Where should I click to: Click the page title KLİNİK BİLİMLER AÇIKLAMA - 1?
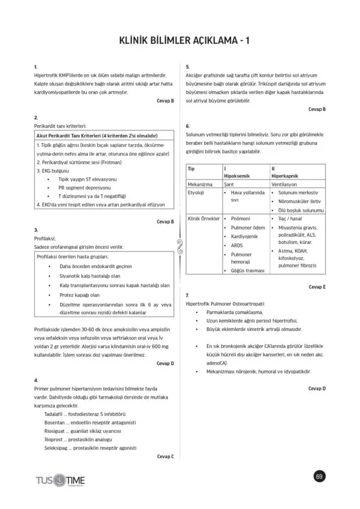tap(180, 40)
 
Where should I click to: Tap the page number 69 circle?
tap(319, 476)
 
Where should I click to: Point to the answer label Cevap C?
tap(165, 457)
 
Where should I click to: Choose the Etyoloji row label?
tap(197, 193)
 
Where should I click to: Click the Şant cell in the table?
tap(228, 185)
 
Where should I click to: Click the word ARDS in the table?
tap(238, 245)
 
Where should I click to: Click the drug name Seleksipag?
tap(58, 448)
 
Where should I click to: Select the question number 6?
tap(188, 127)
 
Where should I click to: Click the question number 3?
tap(36, 230)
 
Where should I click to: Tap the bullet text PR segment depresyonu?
tap(84, 187)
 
